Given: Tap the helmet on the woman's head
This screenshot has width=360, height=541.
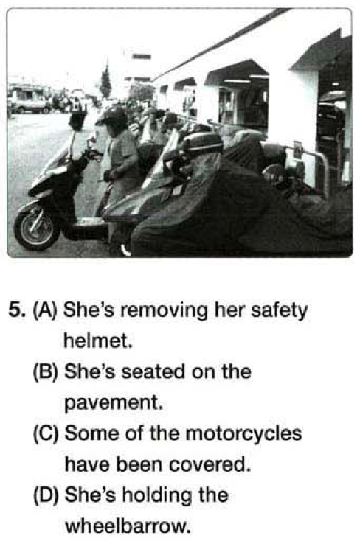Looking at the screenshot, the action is pos(111,118).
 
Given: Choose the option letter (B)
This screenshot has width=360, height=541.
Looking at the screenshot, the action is pos(45,372).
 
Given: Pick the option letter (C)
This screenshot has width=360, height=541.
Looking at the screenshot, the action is pos(45,433).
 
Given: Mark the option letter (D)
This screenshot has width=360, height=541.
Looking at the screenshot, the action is pos(45,495).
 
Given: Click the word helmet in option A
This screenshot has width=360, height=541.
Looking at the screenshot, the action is pos(98,341).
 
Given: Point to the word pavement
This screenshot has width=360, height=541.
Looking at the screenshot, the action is pos(114,403).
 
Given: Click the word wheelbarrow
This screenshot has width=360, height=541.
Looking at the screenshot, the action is pos(128,526).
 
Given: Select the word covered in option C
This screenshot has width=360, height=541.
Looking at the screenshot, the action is pos(210,465).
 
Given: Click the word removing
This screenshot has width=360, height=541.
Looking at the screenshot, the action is pos(164,310).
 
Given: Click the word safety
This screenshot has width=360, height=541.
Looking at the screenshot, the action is pos(279,310).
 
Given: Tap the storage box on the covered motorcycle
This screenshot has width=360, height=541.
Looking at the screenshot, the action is pos(202,142).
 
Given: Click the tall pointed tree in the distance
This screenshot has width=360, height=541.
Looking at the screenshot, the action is pos(106,81).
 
